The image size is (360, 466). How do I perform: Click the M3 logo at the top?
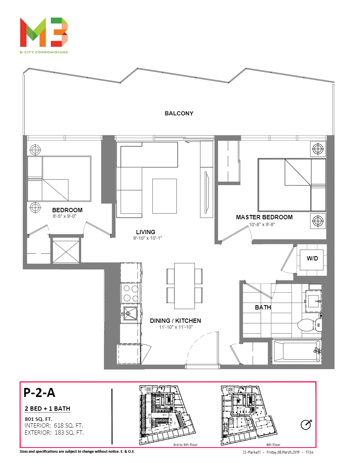pos(44,31)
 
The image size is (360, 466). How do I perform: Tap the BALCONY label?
pos(179,114)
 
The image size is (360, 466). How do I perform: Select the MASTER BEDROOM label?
pos(264,217)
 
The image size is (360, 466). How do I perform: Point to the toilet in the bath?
pos(309,324)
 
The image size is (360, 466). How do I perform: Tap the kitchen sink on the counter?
pos(129,313)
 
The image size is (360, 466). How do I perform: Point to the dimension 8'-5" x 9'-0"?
pos(67,216)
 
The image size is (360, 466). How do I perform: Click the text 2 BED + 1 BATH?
pos(47,409)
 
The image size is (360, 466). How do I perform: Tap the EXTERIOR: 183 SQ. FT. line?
pos(54,433)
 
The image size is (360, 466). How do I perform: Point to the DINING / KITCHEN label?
pos(175,321)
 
